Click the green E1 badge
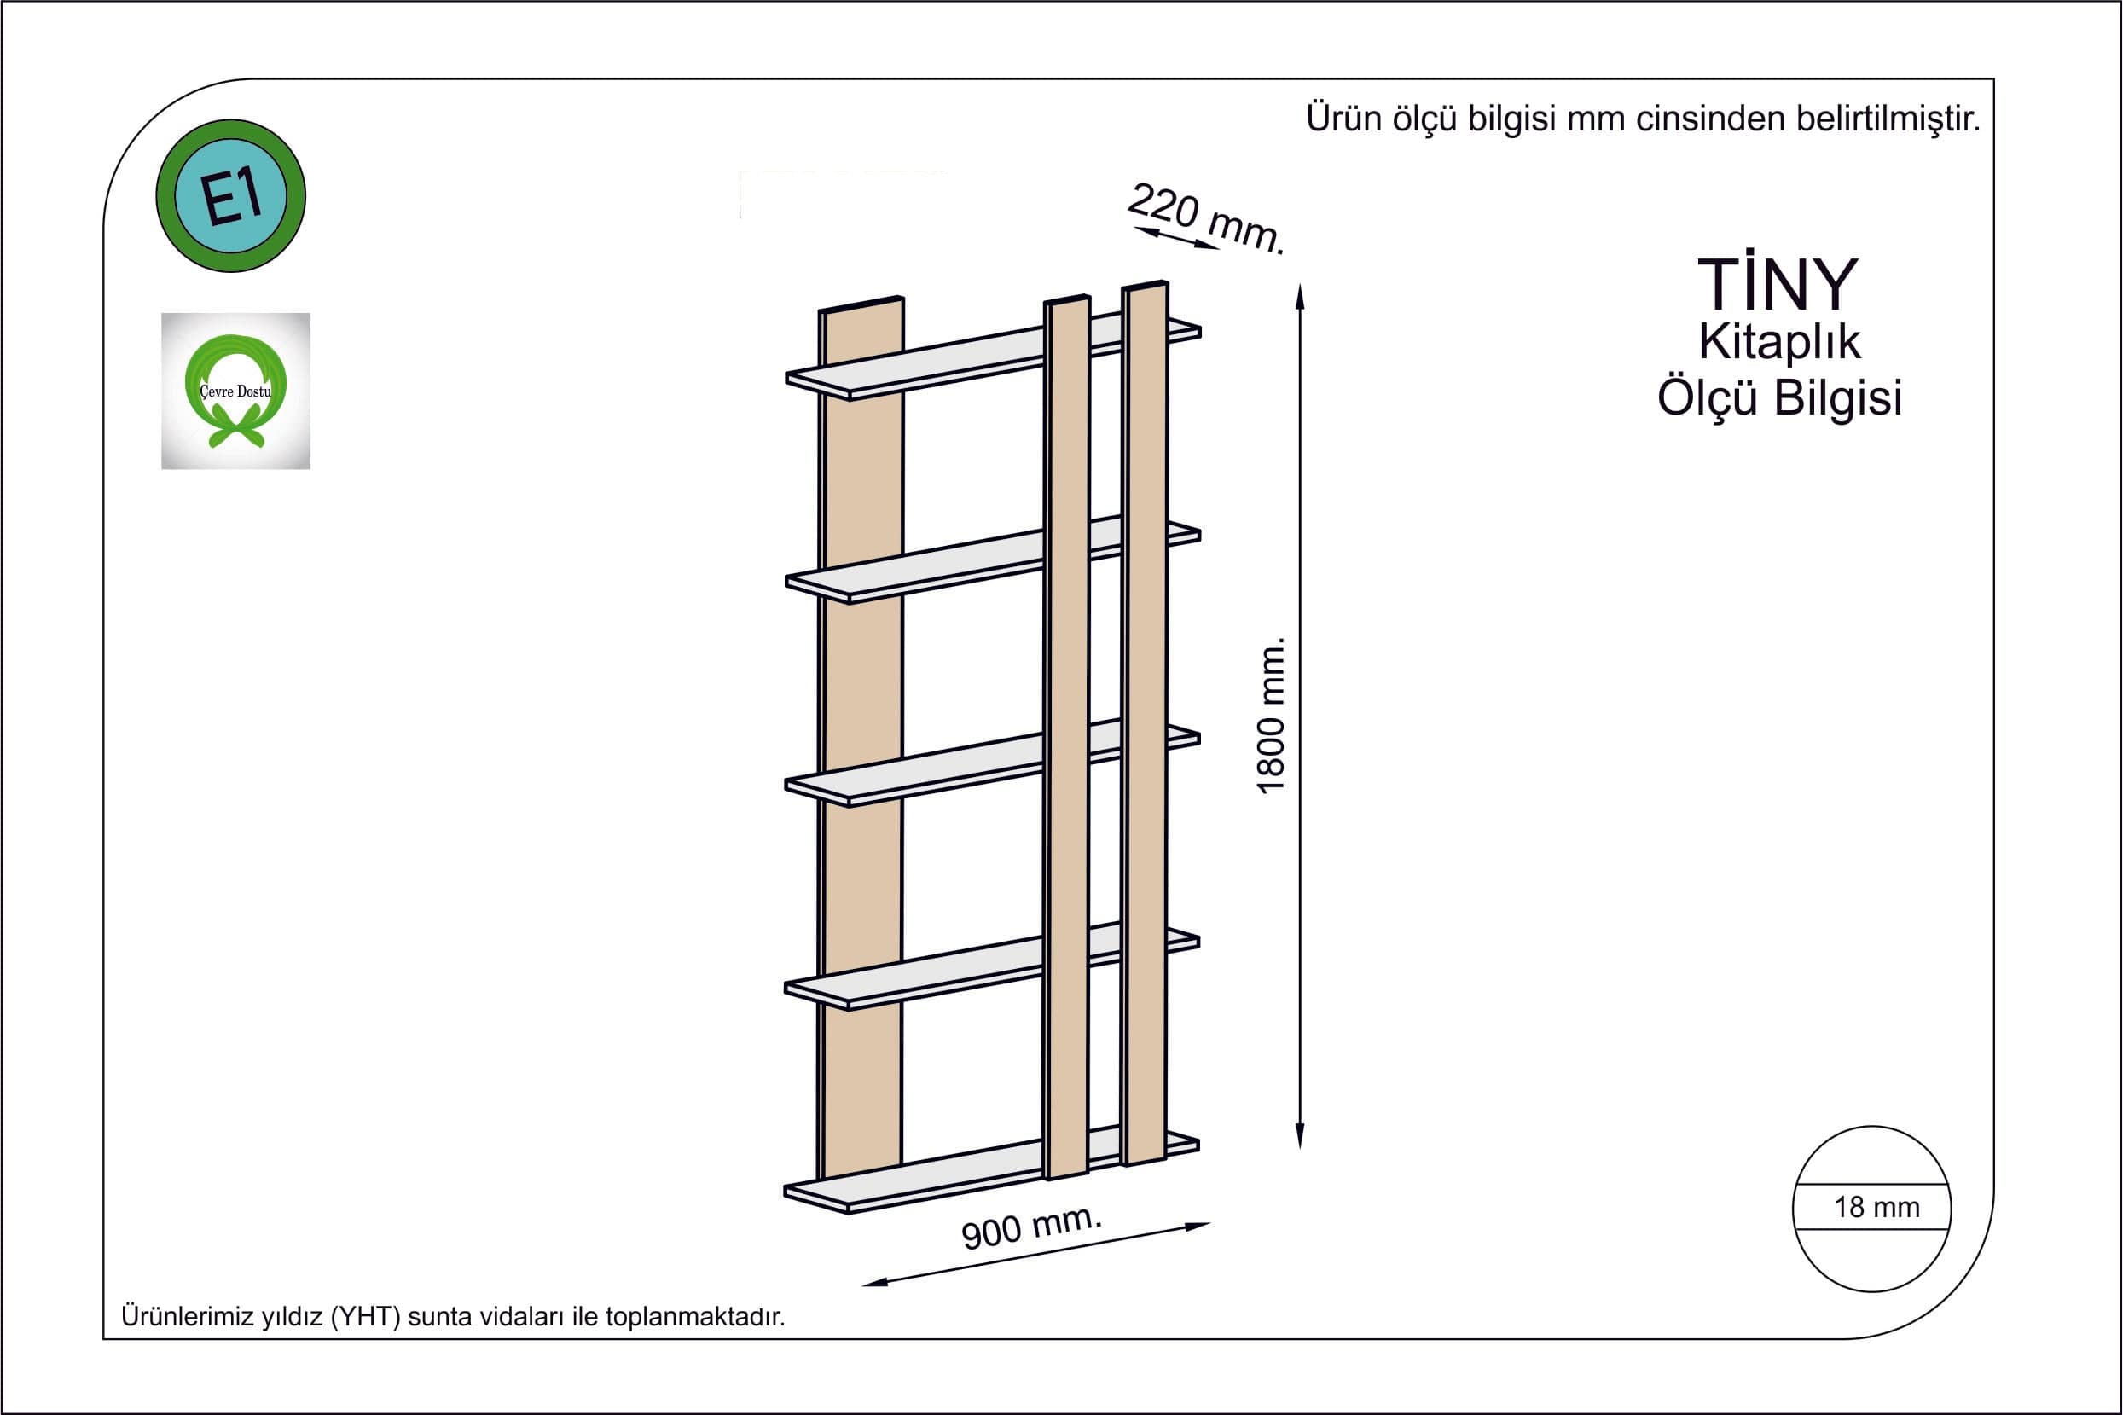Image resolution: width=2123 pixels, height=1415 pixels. pos(231,196)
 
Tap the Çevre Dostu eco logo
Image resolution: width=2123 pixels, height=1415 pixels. pos(235,391)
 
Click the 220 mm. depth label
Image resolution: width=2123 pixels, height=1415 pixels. pos(1205,218)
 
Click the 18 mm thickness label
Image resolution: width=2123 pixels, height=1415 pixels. pos(1876,1207)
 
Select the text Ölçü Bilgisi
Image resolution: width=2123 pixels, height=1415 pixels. pos(1779,398)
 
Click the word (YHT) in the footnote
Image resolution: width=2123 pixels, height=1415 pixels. pos(365,1317)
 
